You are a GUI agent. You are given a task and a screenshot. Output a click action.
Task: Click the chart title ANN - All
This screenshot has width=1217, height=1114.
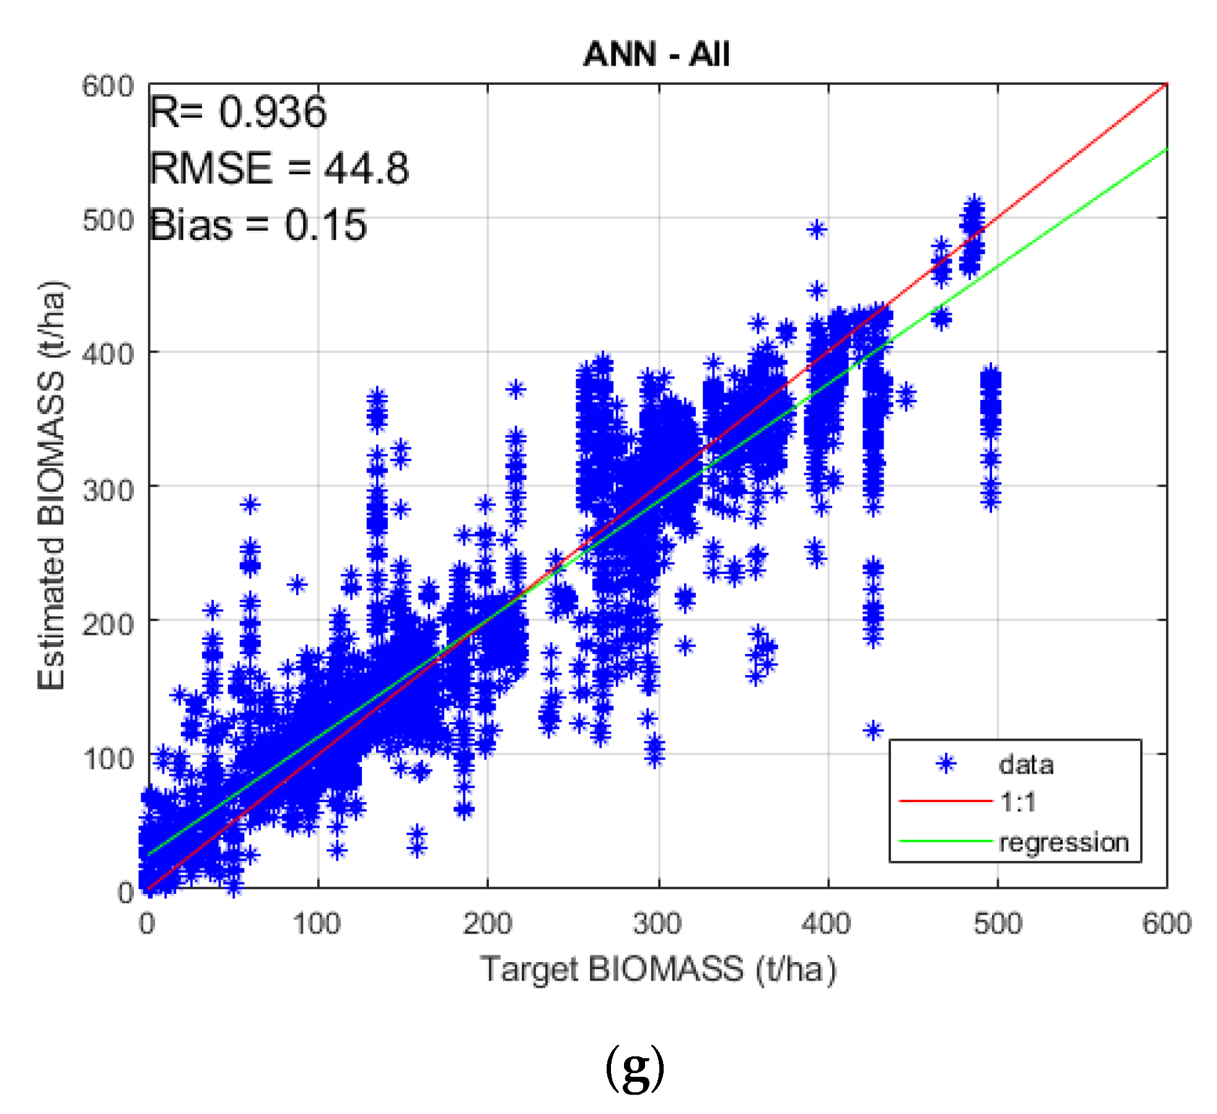coord(656,54)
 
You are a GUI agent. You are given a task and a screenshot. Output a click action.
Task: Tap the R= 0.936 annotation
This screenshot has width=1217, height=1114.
coord(238,112)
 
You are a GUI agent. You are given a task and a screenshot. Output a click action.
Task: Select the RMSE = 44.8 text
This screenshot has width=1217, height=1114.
coord(279,168)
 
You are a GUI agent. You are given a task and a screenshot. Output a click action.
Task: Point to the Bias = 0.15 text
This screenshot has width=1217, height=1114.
coord(258,224)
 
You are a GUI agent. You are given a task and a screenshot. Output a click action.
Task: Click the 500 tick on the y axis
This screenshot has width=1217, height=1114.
coord(108,220)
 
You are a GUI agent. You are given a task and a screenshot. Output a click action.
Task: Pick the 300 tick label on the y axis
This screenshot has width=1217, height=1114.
coord(108,490)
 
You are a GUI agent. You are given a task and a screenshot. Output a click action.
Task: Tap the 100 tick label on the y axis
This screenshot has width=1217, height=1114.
coord(108,758)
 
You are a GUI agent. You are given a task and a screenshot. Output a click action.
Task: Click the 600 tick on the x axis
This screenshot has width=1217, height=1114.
coord(1166,923)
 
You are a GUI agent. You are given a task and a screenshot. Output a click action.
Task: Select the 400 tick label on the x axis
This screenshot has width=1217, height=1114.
coord(826,923)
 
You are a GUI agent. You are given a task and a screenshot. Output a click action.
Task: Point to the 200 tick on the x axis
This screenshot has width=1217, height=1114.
coord(487,923)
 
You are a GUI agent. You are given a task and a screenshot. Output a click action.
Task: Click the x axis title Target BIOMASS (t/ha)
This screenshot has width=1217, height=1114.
coord(658,969)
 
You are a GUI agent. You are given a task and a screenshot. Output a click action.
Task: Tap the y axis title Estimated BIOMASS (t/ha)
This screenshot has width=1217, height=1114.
coord(51,485)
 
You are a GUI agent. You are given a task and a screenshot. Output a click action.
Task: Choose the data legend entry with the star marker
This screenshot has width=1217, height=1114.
coord(1026,765)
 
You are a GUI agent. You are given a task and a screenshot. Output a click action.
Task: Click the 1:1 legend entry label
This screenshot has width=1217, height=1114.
coord(1017,802)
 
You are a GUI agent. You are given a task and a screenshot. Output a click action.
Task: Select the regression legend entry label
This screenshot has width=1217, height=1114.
coord(1063,842)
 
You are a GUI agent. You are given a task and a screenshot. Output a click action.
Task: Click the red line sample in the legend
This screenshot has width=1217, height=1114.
coord(945,801)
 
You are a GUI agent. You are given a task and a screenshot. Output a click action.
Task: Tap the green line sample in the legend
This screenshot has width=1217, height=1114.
coord(945,841)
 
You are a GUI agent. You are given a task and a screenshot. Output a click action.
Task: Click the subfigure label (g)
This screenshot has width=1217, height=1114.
coord(634,1068)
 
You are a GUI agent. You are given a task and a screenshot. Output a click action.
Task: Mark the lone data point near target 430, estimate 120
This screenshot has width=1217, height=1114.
coord(873,730)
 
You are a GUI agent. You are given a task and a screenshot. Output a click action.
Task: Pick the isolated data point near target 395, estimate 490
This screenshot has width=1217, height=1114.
coord(817,230)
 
